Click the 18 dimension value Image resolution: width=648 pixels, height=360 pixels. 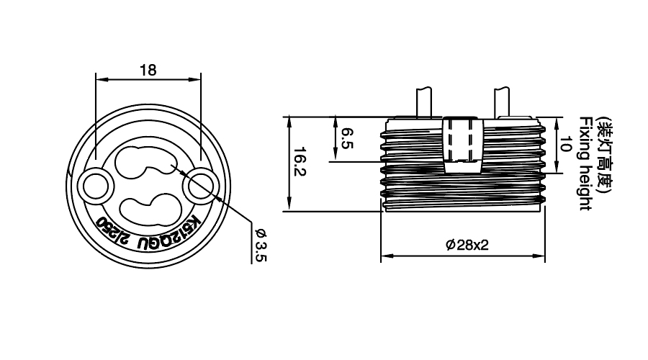pyautogui.click(x=148, y=71)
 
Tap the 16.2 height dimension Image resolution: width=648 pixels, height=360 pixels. pyautogui.click(x=300, y=161)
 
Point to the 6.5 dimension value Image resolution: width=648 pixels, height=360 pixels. pyautogui.click(x=348, y=138)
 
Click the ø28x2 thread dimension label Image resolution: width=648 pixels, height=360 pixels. pyautogui.click(x=467, y=245)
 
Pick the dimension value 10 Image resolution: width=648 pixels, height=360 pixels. pyautogui.click(x=565, y=144)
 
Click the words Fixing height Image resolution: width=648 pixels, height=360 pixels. pyautogui.click(x=585, y=163)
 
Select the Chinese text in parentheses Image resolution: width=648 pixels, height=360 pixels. pyautogui.click(x=605, y=154)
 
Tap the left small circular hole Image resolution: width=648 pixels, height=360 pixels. pyautogui.click(x=96, y=186)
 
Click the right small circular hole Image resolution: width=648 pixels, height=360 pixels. pyautogui.click(x=200, y=186)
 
